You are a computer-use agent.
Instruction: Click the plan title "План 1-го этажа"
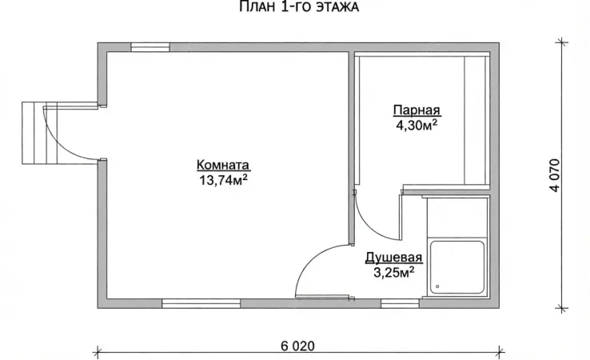299,6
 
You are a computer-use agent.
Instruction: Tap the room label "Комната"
223,166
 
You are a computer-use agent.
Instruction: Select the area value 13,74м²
223,180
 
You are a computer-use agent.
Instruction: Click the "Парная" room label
417,110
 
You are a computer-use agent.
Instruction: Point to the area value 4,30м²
417,125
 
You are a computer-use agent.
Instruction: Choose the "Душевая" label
394,258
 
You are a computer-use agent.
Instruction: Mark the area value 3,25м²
394,272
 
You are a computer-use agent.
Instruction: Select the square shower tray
457,267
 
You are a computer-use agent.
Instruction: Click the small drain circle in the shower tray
437,286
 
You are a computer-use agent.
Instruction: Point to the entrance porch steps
39,133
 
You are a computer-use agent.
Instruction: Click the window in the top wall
150,47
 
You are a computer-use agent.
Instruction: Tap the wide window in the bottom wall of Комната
201,303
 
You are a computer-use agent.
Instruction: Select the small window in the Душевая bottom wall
400,303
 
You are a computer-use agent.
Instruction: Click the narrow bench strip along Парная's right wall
476,120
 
